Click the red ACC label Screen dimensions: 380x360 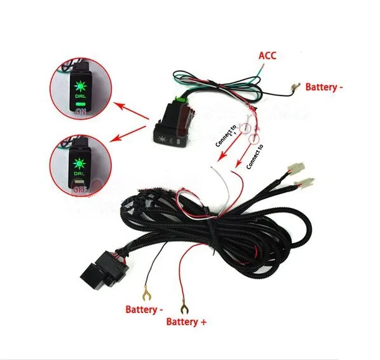268,55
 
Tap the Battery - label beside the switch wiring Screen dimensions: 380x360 324,87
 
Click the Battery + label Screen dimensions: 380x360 186,322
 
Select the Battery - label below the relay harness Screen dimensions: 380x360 144,310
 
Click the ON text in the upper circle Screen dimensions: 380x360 81,111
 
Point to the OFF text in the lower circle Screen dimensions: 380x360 79,189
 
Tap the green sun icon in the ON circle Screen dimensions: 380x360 81,87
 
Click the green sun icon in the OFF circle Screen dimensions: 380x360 79,163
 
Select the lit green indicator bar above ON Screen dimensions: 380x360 81,104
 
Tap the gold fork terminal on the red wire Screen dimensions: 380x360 184,308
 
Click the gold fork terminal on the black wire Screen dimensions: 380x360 146,293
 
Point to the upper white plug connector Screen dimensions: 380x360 295,167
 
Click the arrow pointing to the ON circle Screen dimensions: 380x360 131,111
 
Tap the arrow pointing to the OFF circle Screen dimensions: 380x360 128,134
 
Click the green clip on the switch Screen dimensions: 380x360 182,99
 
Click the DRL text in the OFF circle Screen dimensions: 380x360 79,174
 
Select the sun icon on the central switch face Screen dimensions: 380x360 161,139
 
